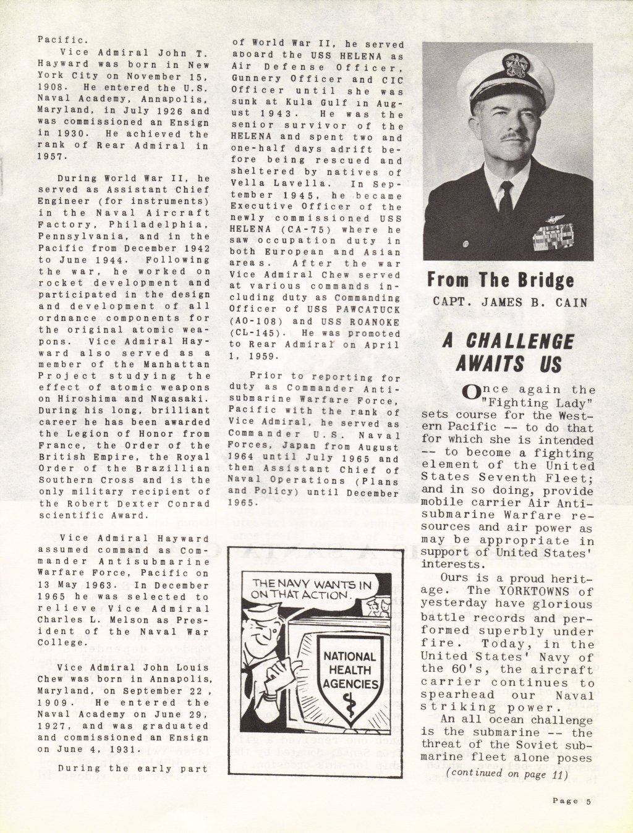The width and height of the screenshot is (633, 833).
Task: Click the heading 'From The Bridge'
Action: pos(501,280)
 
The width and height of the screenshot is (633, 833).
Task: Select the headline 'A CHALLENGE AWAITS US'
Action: pos(508,352)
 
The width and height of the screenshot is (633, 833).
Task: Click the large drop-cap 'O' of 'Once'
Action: pos(470,391)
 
